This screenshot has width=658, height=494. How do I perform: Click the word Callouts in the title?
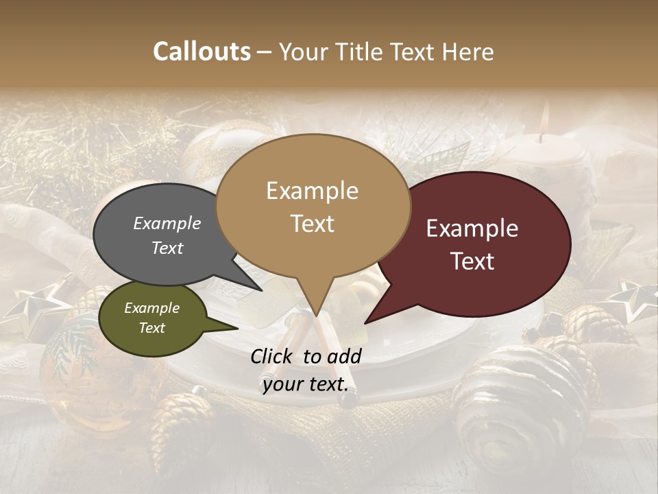click(202, 51)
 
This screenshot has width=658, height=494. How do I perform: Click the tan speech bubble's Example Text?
click(312, 207)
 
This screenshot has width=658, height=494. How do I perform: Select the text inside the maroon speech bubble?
click(472, 244)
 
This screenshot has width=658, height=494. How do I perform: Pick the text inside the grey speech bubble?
click(167, 235)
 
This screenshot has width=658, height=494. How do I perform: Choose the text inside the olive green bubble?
click(151, 318)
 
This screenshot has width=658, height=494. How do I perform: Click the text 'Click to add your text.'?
click(305, 370)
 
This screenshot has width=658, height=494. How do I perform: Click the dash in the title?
click(265, 51)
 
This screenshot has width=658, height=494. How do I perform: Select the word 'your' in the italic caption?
click(282, 384)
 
